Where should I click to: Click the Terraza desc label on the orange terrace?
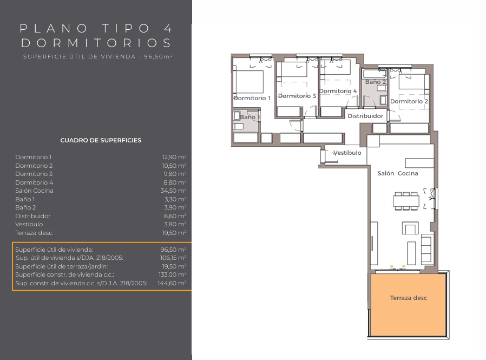pyautogui.click(x=408, y=298)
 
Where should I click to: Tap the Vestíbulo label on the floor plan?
pyautogui.click(x=347, y=153)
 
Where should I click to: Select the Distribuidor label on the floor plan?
pyautogui.click(x=365, y=116)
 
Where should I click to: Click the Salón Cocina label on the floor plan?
pyautogui.click(x=398, y=173)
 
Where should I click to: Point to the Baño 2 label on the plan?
pyautogui.click(x=376, y=82)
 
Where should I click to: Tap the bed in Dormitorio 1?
pyautogui.click(x=249, y=82)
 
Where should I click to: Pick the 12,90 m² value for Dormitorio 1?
pyautogui.click(x=174, y=157)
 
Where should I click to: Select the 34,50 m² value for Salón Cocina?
pyautogui.click(x=174, y=191)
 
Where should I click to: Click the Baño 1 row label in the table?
pyautogui.click(x=25, y=199)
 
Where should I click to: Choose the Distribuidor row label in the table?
pyautogui.click(x=33, y=216)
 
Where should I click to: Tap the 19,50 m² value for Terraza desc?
pyautogui.click(x=174, y=233)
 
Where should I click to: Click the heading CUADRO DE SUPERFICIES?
pyautogui.click(x=101, y=140)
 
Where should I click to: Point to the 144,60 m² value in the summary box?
pyautogui.click(x=172, y=283)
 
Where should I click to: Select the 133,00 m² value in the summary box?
pyautogui.click(x=172, y=274)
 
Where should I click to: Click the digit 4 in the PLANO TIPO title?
pyautogui.click(x=168, y=29)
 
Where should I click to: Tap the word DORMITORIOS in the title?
pyautogui.click(x=96, y=43)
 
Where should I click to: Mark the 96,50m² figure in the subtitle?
pyautogui.click(x=158, y=57)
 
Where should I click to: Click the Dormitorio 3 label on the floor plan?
pyautogui.click(x=297, y=96)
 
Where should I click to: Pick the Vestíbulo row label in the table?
pyautogui.click(x=29, y=224)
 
